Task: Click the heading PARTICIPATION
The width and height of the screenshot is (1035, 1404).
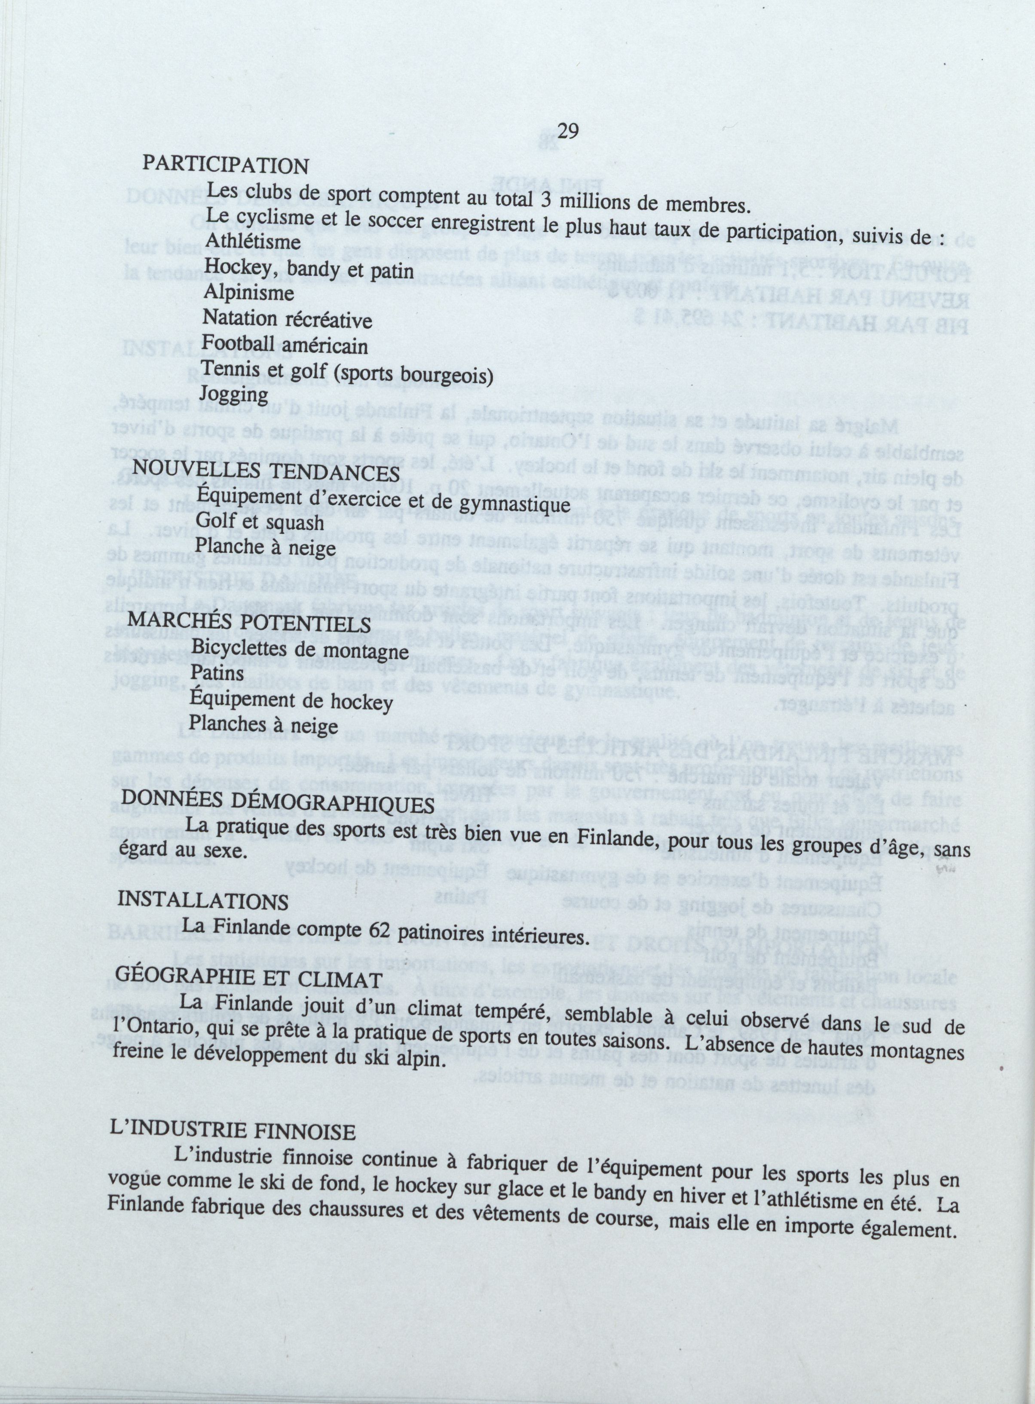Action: (x=226, y=165)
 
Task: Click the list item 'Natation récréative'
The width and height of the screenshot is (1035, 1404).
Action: (x=287, y=320)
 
